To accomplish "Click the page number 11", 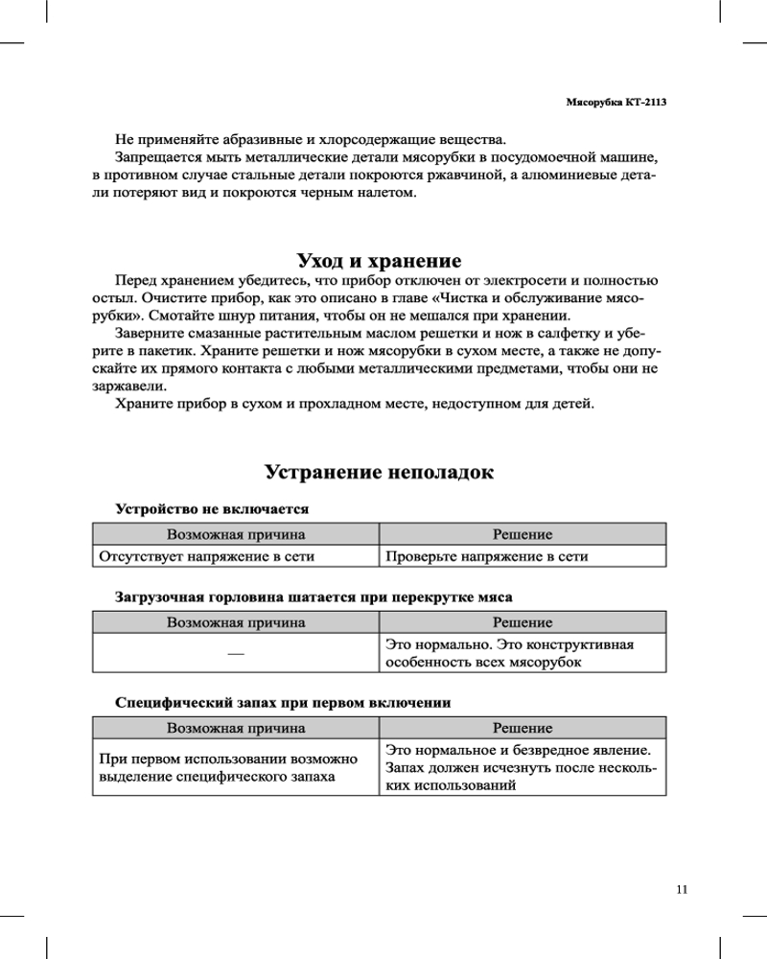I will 682,889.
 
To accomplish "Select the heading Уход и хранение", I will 380,261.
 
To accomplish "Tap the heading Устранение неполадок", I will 380,473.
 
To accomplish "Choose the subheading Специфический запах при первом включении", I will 283,702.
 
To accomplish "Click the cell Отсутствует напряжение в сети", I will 207,555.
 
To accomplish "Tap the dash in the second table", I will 236,654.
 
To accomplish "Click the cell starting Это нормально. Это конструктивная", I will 508,654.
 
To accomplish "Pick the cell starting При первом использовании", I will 229,767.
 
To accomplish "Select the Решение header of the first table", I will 523,533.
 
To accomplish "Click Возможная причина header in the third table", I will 236,728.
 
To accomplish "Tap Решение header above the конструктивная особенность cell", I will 523,622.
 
